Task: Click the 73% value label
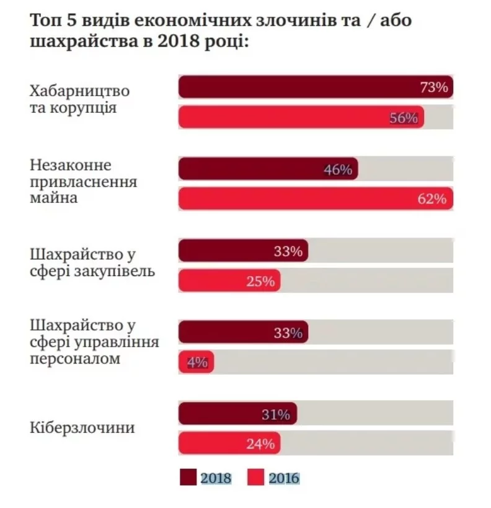click(x=434, y=87)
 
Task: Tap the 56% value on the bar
click(x=404, y=118)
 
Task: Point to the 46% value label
click(x=338, y=169)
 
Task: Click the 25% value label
click(x=260, y=281)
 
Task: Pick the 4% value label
click(x=197, y=362)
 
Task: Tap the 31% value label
click(x=276, y=415)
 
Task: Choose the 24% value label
click(x=260, y=444)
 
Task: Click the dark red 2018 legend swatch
click(x=187, y=478)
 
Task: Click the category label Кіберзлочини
click(x=82, y=429)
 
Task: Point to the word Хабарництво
click(x=80, y=91)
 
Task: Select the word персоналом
click(x=74, y=359)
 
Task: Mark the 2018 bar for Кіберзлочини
click(x=237, y=415)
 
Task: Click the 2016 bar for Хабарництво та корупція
click(x=301, y=118)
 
